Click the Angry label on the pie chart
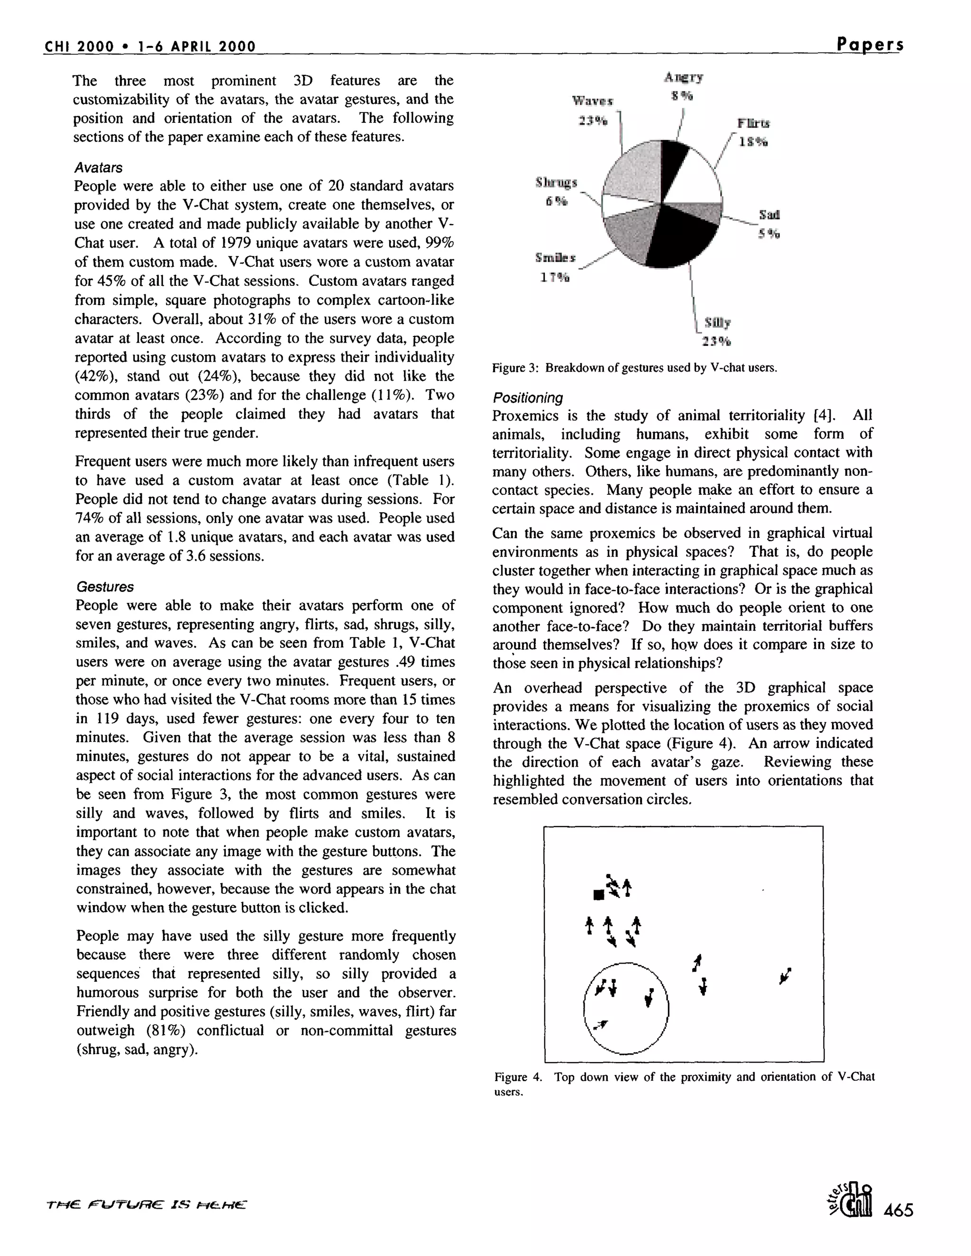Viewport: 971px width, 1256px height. (683, 77)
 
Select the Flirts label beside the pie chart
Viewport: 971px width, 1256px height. (753, 123)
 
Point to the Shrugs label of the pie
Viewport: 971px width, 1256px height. (556, 183)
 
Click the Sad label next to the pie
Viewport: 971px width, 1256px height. (769, 215)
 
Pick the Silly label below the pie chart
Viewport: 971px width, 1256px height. (717, 323)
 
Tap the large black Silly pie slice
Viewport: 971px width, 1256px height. (679, 236)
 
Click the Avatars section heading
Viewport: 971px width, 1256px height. (98, 167)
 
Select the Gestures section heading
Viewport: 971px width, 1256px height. (105, 587)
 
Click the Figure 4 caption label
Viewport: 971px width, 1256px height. (517, 1076)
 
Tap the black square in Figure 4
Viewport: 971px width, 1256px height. (598, 894)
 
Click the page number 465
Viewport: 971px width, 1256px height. (898, 1210)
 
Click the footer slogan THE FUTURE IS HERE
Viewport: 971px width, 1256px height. (146, 1204)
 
